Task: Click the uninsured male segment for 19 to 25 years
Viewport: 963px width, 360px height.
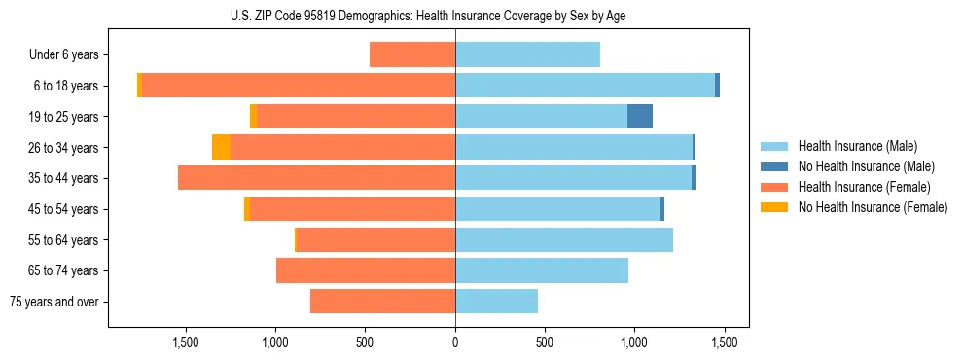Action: click(x=639, y=117)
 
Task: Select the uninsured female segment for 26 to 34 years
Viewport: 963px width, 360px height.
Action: click(x=221, y=147)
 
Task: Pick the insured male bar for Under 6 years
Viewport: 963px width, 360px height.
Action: click(x=527, y=55)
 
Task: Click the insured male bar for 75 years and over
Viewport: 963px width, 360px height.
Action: click(x=496, y=302)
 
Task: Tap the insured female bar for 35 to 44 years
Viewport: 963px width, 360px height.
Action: click(x=316, y=178)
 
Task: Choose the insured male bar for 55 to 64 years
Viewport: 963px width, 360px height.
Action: click(x=564, y=239)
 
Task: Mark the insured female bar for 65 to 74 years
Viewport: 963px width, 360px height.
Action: click(x=366, y=270)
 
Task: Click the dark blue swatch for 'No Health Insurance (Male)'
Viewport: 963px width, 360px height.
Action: click(x=774, y=166)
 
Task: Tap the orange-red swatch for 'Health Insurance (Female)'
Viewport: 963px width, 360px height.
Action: click(x=774, y=187)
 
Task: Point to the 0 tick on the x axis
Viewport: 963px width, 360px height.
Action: click(x=455, y=342)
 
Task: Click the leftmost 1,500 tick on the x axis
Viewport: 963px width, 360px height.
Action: click(x=186, y=342)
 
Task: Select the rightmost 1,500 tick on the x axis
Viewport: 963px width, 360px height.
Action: click(x=724, y=342)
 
